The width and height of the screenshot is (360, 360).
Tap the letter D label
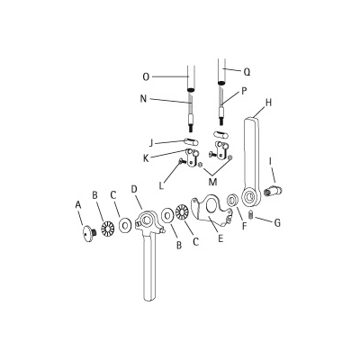133,189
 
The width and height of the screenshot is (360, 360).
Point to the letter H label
267,103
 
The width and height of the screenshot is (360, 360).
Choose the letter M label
213,184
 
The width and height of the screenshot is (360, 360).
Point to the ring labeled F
231,200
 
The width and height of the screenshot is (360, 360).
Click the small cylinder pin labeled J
190,140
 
